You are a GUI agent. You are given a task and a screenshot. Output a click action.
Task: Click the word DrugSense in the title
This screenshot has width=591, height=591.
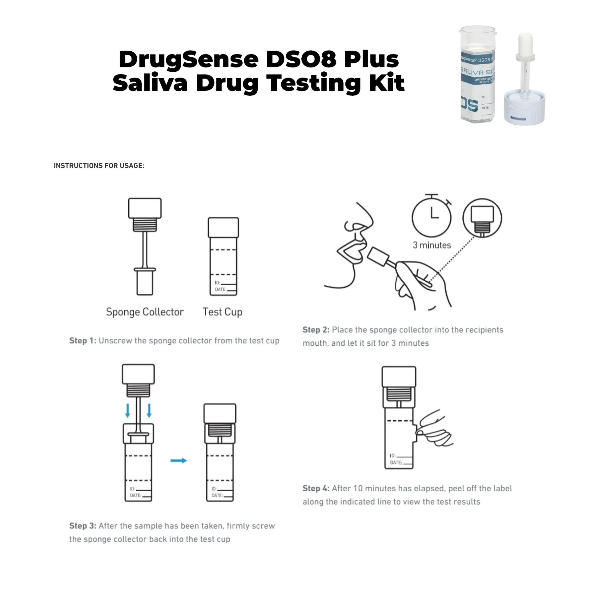pyautogui.click(x=188, y=59)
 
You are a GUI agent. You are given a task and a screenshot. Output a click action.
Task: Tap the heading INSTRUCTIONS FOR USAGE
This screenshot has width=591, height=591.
pyautogui.click(x=99, y=166)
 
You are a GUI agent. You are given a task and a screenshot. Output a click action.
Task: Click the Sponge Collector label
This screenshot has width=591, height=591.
pyautogui.click(x=145, y=312)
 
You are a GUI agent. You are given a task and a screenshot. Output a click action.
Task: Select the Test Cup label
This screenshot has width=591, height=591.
pyautogui.click(x=222, y=312)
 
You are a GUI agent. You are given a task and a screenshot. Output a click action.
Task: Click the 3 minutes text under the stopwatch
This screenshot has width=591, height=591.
pyautogui.click(x=432, y=245)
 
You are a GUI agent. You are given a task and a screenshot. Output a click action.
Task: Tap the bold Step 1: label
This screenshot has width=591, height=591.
pyautogui.click(x=82, y=341)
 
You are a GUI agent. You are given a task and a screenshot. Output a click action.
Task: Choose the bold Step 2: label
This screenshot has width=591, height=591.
pyautogui.click(x=316, y=330)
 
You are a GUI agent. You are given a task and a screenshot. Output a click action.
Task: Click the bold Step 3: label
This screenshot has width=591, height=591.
pyautogui.click(x=82, y=526)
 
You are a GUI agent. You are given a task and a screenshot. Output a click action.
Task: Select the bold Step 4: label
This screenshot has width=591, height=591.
pyautogui.click(x=316, y=488)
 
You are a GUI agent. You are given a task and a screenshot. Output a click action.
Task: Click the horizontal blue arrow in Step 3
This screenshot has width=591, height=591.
pyautogui.click(x=179, y=460)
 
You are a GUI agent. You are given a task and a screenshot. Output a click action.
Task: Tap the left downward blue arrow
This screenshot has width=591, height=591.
pyautogui.click(x=128, y=411)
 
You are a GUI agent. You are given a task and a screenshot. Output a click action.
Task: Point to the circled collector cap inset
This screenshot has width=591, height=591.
pyautogui.click(x=482, y=218)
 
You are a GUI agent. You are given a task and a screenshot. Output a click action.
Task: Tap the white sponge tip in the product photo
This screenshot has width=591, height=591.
pyautogui.click(x=525, y=43)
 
